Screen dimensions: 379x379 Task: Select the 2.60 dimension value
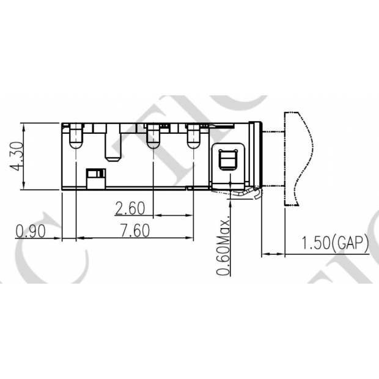(130, 208)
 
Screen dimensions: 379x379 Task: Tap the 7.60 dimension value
(134, 231)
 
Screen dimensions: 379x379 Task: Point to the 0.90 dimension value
(30, 231)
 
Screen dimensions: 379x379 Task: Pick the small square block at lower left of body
(95, 179)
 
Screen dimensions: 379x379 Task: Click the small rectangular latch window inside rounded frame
(228, 159)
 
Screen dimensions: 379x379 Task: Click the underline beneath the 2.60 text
(130, 216)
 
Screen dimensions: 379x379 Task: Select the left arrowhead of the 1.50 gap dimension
(264, 254)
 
